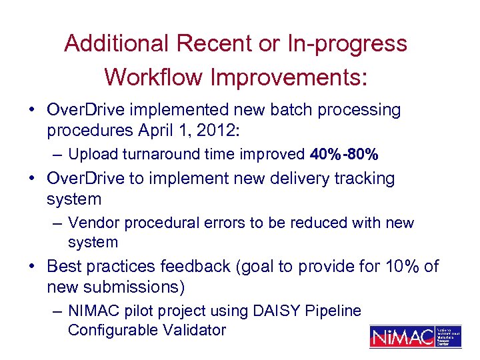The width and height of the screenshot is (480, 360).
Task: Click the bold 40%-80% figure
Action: (x=345, y=155)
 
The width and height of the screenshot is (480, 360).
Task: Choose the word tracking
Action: (x=363, y=179)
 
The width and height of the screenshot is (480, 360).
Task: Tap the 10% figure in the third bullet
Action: (x=403, y=267)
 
